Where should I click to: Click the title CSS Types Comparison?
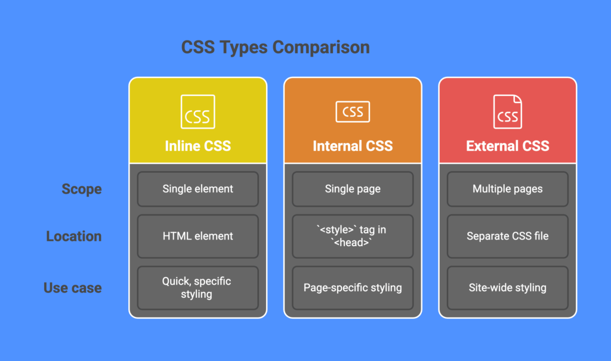point(276,48)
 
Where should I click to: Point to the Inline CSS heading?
point(198,146)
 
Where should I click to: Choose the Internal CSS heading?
point(353,146)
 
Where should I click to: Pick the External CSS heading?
point(508,146)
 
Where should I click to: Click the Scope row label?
point(82,189)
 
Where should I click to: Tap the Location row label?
point(74,236)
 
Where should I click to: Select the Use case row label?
point(73,288)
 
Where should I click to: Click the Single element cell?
point(198,189)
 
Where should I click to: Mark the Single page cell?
point(353,189)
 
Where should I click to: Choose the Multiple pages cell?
point(508,189)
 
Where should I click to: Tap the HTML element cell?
point(198,236)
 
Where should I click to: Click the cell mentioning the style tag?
point(353,236)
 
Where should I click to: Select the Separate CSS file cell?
point(508,236)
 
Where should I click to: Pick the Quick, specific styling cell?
point(198,288)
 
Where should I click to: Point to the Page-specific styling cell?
point(353,288)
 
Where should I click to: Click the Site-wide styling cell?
point(508,288)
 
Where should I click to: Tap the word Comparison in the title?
point(321,48)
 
